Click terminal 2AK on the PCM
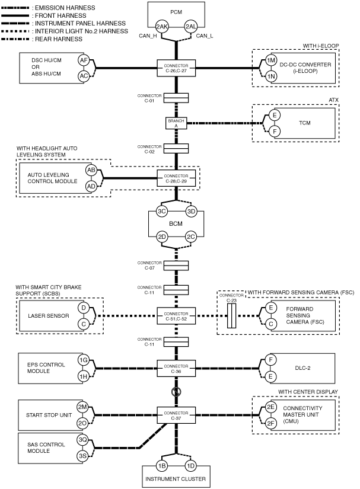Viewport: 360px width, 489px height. [161, 27]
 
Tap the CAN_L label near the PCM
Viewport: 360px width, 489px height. [205, 36]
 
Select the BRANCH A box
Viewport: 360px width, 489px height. [176, 123]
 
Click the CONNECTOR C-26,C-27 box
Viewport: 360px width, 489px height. [176, 68]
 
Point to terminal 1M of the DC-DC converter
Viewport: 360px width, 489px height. [271, 60]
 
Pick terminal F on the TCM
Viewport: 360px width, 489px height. [275, 132]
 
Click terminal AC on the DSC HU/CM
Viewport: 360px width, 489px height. [84, 76]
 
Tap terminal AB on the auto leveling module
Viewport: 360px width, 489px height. [91, 170]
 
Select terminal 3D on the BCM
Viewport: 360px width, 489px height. [191, 212]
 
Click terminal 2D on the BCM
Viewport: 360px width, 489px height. [161, 236]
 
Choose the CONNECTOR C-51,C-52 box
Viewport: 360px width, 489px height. [176, 316]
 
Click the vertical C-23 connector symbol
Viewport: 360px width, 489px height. [231, 316]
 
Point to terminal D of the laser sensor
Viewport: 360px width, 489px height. [83, 308]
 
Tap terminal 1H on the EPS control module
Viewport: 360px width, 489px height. [83, 376]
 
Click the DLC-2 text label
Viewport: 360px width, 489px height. [302, 368]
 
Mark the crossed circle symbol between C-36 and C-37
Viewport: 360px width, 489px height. [176, 391]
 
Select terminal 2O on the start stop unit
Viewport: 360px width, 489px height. [82, 423]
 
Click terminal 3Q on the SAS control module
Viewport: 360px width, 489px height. [82, 440]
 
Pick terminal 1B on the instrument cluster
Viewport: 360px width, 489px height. [161, 466]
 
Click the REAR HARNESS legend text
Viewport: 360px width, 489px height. [59, 39]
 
